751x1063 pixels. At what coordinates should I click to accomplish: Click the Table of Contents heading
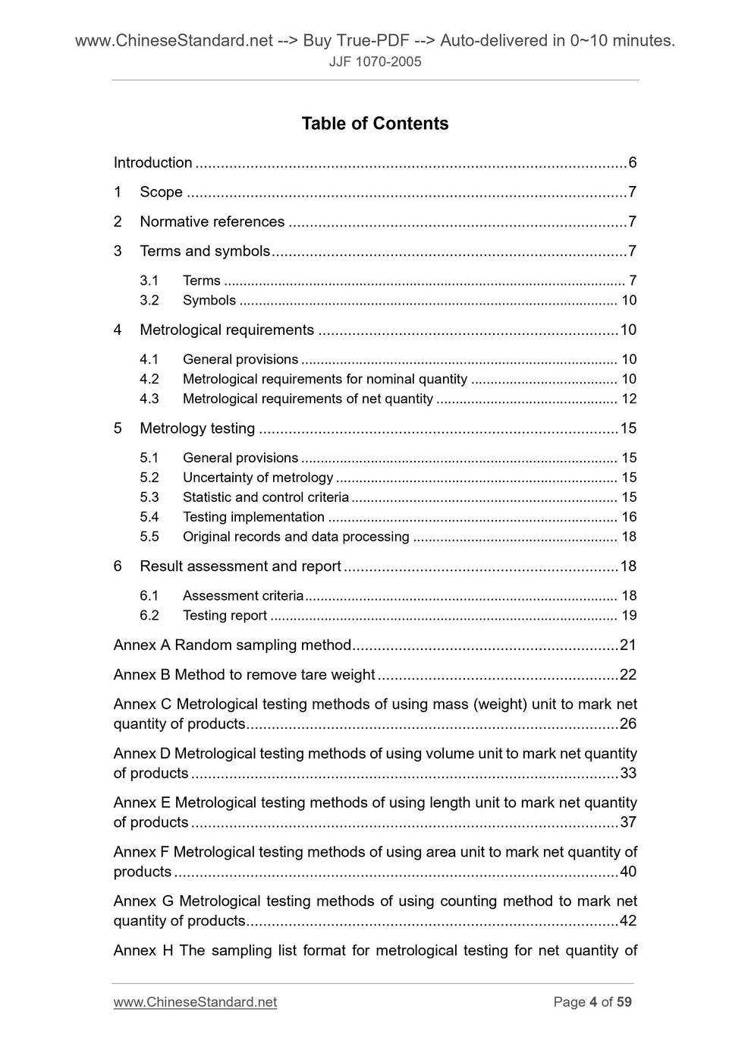click(375, 124)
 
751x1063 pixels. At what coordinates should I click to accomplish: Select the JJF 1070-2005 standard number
click(375, 62)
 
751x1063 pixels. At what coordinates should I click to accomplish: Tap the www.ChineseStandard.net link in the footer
click(195, 1002)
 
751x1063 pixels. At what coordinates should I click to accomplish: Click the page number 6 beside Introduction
click(632, 162)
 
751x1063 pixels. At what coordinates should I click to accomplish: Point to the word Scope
click(161, 192)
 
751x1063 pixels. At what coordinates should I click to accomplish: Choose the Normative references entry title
click(212, 222)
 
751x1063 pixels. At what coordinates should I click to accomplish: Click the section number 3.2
click(149, 301)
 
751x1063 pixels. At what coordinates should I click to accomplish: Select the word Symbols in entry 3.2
click(209, 301)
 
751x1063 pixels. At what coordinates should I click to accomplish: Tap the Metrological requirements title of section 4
click(226, 330)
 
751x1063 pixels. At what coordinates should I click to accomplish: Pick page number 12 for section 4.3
click(629, 399)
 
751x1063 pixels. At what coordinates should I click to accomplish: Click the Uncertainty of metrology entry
click(257, 478)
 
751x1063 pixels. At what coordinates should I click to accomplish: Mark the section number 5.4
click(149, 517)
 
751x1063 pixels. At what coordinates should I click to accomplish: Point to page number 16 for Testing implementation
click(629, 517)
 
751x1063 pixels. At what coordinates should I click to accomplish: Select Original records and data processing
click(295, 537)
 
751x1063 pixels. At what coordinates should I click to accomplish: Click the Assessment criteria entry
click(243, 596)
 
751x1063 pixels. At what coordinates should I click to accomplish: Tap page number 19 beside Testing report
click(629, 616)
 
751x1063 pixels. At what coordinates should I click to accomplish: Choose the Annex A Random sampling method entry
click(232, 645)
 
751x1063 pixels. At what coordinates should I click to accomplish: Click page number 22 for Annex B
click(628, 675)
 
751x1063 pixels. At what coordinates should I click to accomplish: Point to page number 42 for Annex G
click(628, 921)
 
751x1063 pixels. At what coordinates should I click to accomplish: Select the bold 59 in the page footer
click(624, 1002)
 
